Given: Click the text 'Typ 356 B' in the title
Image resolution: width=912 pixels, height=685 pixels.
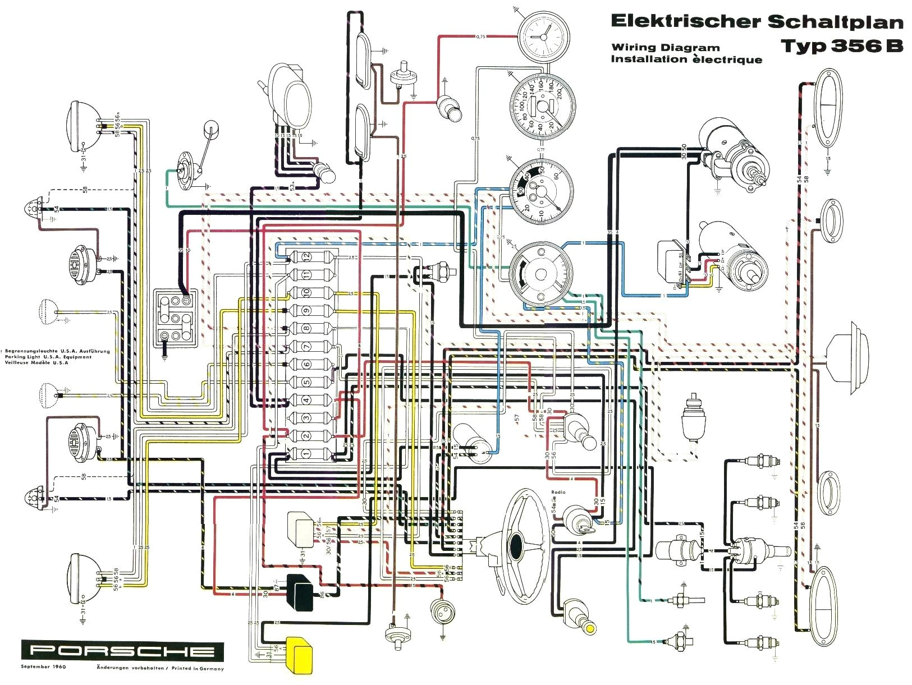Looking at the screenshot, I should click(x=841, y=45).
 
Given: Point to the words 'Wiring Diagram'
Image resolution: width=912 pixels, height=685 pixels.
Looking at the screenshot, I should click(x=665, y=48).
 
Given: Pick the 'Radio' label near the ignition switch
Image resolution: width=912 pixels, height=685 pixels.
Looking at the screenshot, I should click(x=558, y=492).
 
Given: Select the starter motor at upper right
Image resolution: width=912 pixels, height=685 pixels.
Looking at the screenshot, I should click(x=732, y=151).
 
